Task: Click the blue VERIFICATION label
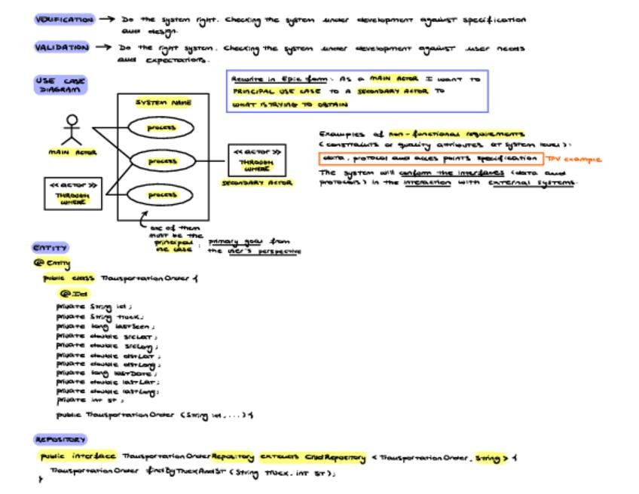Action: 64,20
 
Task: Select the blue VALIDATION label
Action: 62,47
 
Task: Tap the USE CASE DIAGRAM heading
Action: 60,84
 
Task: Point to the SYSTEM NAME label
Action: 163,102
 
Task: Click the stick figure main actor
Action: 72,130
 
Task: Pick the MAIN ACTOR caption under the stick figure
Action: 72,152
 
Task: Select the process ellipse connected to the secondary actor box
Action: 162,161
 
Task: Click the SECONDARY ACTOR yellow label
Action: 257,182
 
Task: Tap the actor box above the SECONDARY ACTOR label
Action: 257,160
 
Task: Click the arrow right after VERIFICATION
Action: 107,20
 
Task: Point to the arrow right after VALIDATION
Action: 103,47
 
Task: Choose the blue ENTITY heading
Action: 50,247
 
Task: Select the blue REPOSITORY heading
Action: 60,439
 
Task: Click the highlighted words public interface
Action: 78,457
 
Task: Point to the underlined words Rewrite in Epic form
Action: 274,78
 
